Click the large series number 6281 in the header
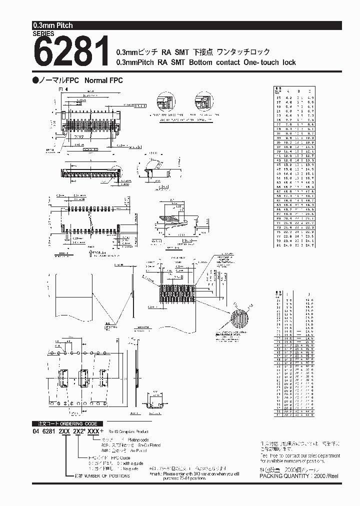click(71, 51)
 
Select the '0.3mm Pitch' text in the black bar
click(53, 25)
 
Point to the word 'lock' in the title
click(288, 62)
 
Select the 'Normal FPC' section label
click(104, 80)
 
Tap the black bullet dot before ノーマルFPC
click(35, 80)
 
